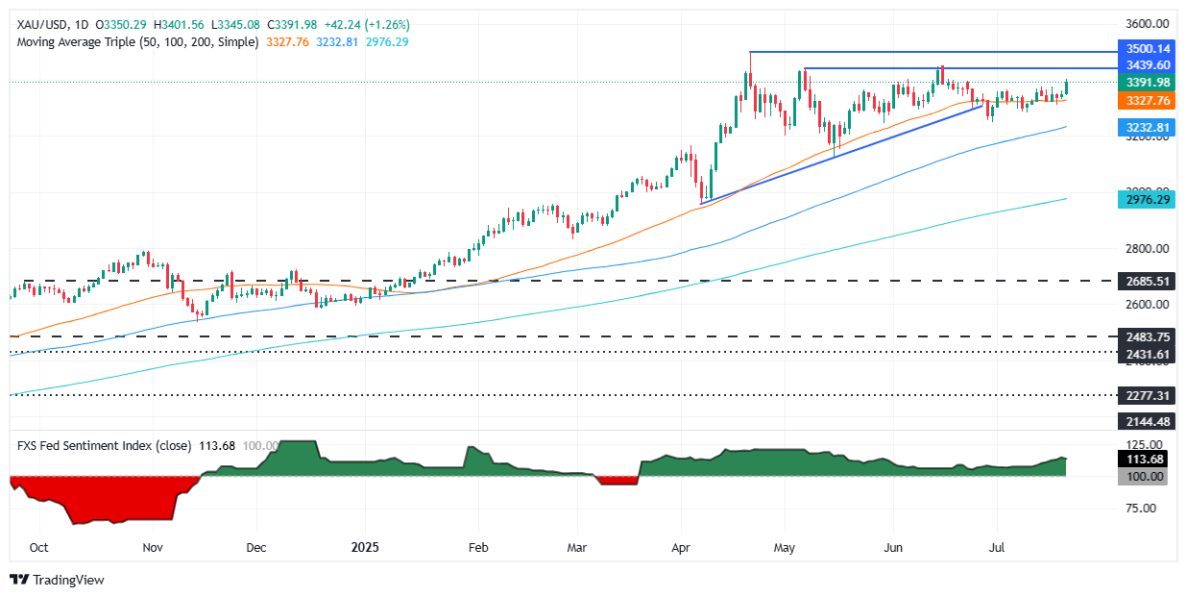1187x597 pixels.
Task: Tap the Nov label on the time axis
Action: (x=153, y=547)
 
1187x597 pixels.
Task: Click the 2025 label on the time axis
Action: (x=366, y=547)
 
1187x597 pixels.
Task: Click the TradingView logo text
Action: (x=68, y=580)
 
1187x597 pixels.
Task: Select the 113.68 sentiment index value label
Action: (x=1144, y=460)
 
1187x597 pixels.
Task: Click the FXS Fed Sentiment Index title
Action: (x=90, y=445)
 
